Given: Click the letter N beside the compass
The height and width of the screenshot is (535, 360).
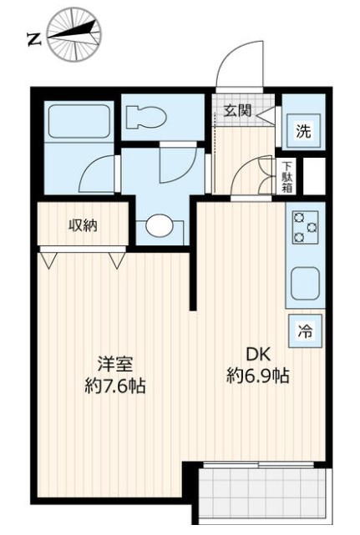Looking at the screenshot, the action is (x=34, y=40).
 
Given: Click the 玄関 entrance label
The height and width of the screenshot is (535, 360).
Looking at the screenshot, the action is (x=238, y=110).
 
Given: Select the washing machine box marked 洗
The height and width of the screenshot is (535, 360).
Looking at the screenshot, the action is (x=304, y=131).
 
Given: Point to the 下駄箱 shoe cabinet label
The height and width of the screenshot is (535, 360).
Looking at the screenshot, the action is (x=286, y=177).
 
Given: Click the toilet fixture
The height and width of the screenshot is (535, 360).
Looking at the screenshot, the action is (x=146, y=118).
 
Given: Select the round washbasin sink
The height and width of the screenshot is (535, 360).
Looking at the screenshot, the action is (x=160, y=225).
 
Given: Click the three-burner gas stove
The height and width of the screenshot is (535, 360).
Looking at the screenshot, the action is (x=305, y=227).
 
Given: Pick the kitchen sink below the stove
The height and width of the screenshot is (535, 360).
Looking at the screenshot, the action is (x=305, y=283).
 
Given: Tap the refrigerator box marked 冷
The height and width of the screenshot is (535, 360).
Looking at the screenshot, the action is (x=306, y=331).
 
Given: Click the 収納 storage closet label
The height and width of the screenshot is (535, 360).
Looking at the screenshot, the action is (x=84, y=225).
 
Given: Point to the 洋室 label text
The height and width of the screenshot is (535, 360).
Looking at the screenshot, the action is (x=115, y=364).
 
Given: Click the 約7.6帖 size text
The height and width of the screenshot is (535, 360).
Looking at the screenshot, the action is (x=115, y=386).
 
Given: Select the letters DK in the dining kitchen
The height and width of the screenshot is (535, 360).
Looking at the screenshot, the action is (x=259, y=355).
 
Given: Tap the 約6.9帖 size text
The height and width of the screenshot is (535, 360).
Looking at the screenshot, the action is (x=258, y=376).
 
